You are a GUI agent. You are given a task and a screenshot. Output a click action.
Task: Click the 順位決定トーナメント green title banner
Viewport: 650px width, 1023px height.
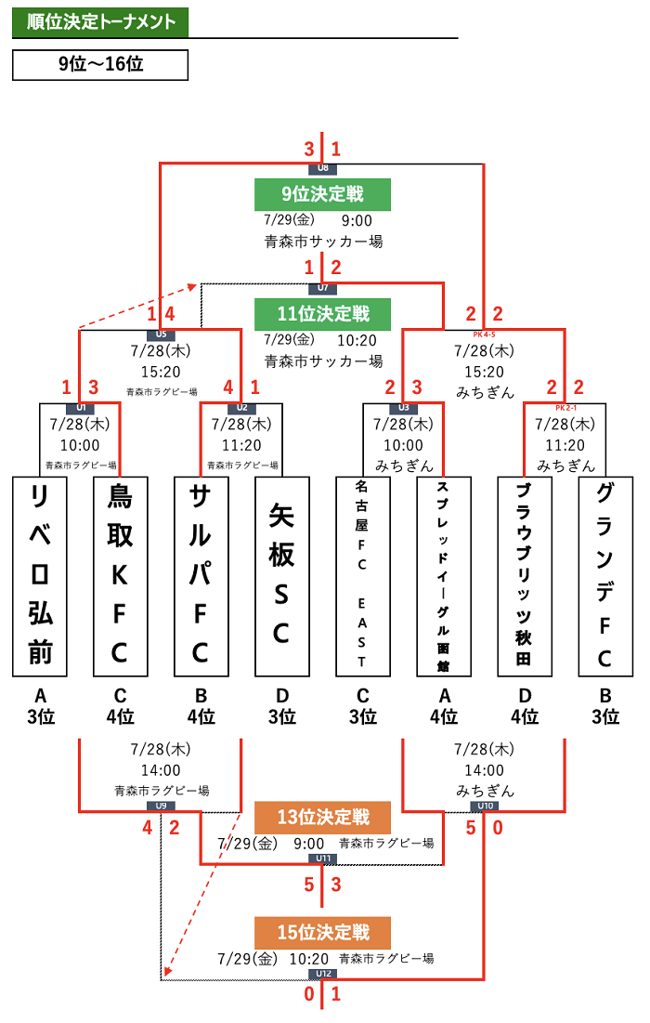pos(100,22)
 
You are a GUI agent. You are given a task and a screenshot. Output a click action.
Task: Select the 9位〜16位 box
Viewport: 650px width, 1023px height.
pos(100,64)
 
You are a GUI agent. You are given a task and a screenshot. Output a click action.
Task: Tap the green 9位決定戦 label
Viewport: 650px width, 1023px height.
pos(322,194)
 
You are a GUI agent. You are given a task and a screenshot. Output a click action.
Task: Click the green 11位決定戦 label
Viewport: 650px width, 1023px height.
pos(322,314)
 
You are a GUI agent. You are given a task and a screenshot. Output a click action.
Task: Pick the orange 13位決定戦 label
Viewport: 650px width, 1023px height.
pos(322,817)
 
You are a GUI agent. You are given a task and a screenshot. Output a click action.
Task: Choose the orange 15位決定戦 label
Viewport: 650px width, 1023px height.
pos(322,932)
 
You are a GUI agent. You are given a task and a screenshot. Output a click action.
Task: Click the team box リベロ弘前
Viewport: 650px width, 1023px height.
pos(40,576)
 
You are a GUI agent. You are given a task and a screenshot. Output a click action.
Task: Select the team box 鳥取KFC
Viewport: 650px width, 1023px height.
pos(120,576)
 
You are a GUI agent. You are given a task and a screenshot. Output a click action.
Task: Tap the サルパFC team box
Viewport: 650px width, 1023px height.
pos(201,576)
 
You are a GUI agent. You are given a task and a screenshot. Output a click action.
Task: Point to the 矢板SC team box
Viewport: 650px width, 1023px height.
pos(281,576)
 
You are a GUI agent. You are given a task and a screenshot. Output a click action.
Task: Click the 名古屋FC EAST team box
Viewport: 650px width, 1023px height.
pos(362,576)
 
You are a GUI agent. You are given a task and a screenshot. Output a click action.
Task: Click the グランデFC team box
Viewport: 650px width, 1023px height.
pos(604,576)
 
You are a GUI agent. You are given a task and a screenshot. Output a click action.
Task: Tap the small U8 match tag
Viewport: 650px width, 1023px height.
pos(322,168)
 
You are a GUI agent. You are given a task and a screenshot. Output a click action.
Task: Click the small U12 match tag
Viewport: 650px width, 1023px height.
pos(322,974)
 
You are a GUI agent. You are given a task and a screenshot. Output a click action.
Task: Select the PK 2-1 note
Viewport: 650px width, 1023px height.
pos(565,407)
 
